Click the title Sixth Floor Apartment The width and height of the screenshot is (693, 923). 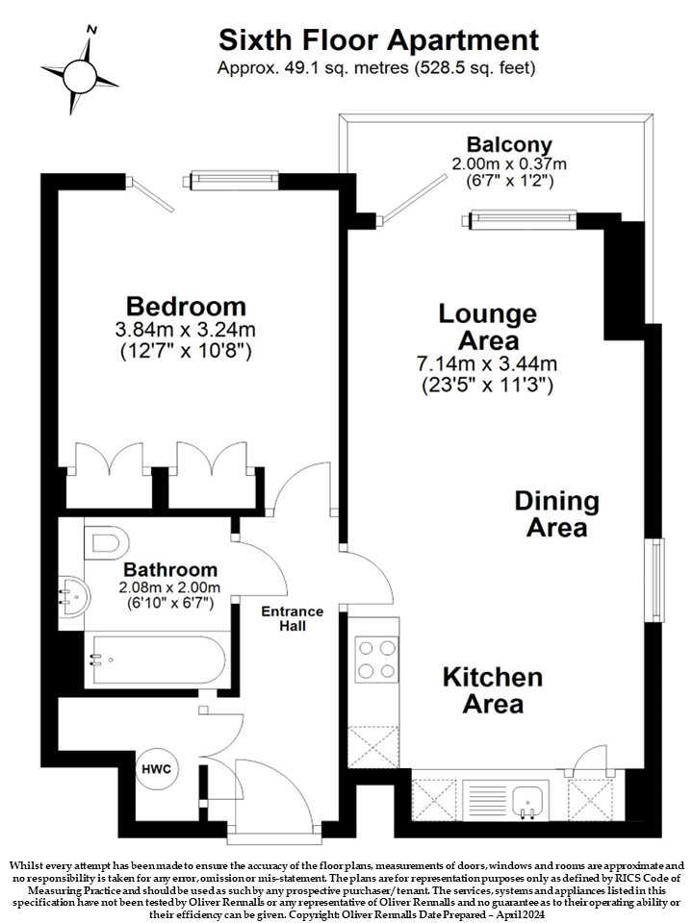(378, 40)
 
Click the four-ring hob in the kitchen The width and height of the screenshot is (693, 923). (376, 659)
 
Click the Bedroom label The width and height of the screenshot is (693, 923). (186, 307)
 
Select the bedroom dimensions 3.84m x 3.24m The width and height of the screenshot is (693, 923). (186, 330)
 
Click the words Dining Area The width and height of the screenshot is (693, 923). (556, 514)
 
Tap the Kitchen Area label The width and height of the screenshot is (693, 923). (492, 690)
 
